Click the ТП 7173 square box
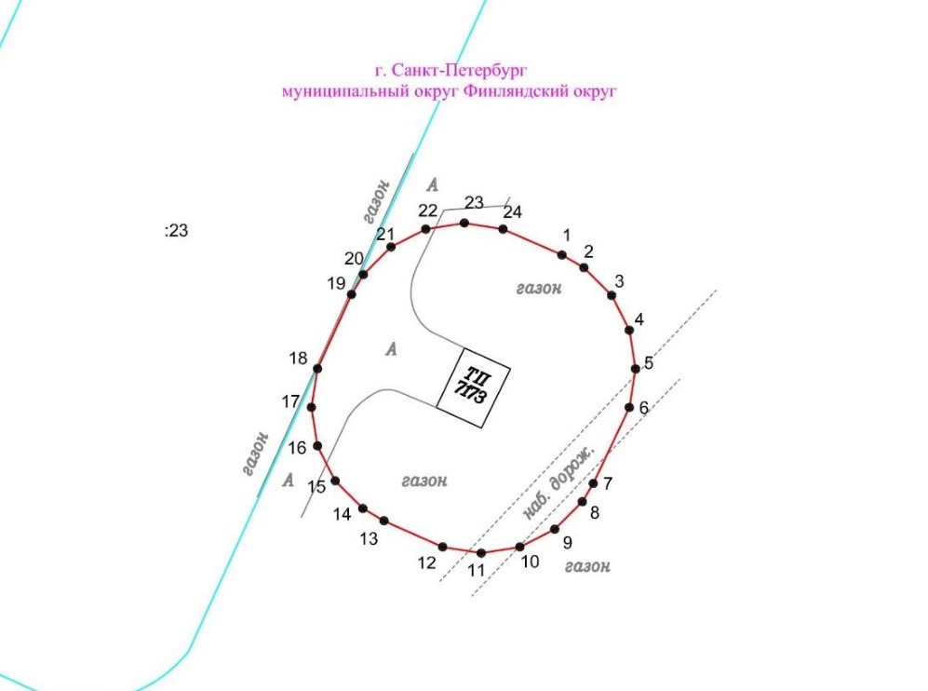click(474, 387)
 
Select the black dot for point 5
click(636, 369)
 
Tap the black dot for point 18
click(317, 369)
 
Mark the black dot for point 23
click(464, 224)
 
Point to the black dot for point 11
click(481, 553)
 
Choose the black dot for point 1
click(561, 255)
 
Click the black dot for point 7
click(593, 483)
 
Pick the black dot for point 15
click(335, 481)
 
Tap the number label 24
click(513, 212)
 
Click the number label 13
click(369, 539)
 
